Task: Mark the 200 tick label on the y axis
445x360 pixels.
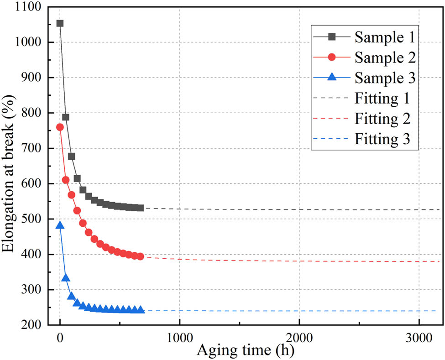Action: click(32, 325)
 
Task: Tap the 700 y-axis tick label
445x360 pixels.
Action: click(32, 149)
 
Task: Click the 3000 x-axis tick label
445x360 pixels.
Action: click(419, 338)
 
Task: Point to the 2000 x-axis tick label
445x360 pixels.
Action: click(299, 338)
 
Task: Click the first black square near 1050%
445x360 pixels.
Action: click(60, 23)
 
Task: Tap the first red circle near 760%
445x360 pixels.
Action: click(60, 127)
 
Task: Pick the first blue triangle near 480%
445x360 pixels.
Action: click(60, 225)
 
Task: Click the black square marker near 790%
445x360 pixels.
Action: click(66, 117)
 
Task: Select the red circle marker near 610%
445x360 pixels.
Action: click(66, 180)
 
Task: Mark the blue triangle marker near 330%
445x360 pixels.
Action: click(66, 278)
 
